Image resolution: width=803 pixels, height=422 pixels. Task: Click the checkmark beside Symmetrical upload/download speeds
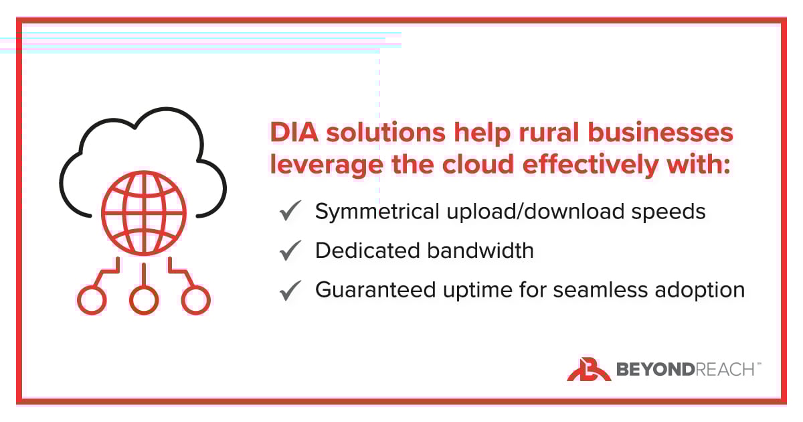290,212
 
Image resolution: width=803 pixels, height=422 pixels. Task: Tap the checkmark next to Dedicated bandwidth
290,251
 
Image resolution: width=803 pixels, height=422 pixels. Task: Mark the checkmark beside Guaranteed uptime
290,291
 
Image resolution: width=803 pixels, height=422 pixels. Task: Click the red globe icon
143,215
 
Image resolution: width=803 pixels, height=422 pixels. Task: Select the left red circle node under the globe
92,299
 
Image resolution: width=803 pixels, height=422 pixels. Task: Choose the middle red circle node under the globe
144,299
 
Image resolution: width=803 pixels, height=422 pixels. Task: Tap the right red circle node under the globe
196,299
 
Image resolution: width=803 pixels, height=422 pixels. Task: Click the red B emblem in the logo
588,369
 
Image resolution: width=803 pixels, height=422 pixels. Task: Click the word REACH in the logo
726,369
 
